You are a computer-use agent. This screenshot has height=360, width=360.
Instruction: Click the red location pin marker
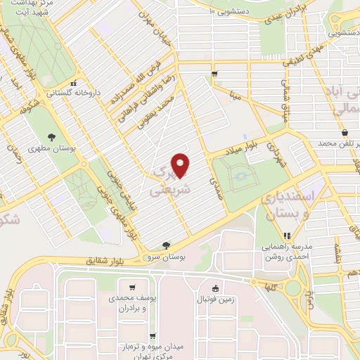coord(181,165)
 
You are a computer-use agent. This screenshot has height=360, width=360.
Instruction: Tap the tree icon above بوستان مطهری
coord(51,137)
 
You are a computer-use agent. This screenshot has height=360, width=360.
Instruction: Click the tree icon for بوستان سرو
coord(166,245)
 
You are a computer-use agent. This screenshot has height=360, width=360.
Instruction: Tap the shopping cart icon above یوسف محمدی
coord(132,287)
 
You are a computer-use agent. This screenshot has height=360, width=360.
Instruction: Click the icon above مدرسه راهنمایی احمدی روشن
coord(286,236)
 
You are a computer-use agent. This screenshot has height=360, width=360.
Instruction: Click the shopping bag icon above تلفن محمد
coord(345,133)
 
